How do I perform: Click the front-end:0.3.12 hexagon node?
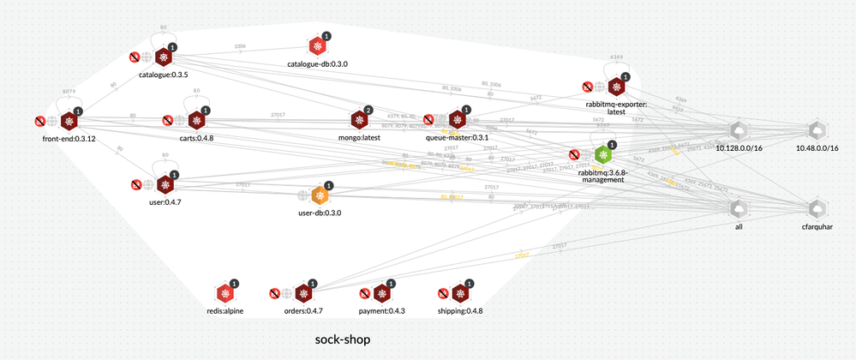69,122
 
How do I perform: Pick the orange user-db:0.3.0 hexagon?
320,196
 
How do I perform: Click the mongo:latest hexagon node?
359,120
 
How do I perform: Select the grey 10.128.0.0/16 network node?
738,131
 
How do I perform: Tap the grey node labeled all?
738,209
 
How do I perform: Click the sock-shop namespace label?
343,339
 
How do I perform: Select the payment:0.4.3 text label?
381,311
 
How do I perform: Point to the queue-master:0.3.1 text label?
458,137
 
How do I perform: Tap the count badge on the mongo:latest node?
368,110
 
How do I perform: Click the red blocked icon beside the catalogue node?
134,57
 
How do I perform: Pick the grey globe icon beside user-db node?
302,196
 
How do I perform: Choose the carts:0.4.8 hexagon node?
196,121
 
